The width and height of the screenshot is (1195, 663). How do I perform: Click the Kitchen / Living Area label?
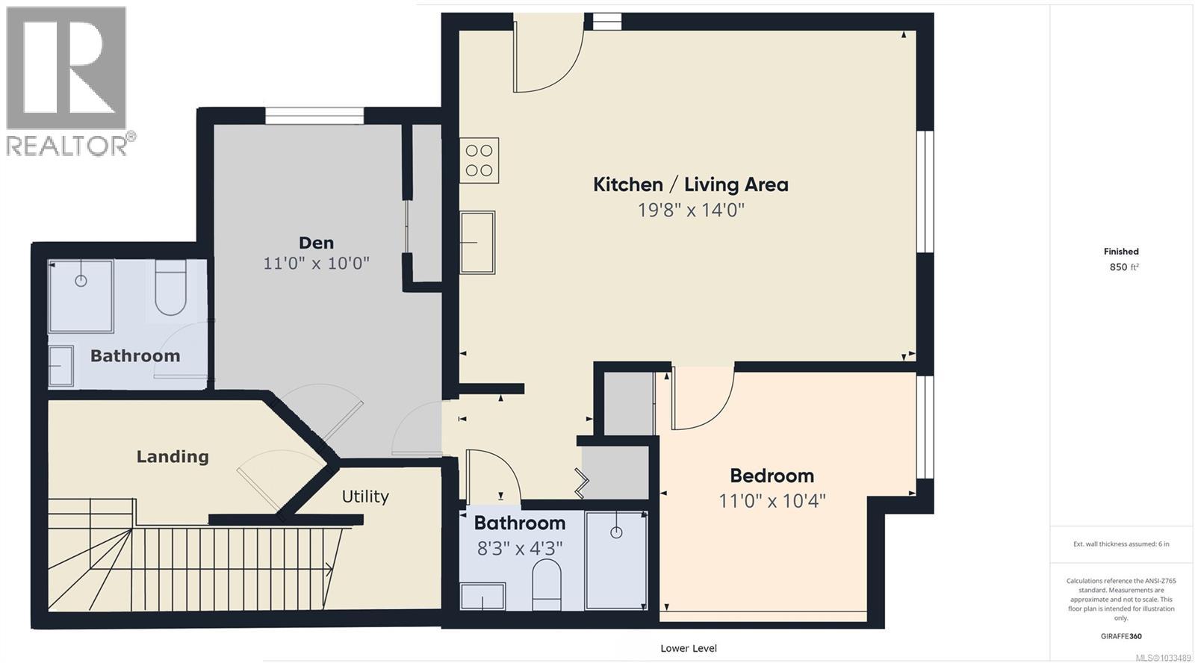[690, 184]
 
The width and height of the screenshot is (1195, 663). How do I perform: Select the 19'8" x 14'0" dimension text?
[690, 210]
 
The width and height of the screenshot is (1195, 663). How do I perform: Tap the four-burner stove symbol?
[479, 161]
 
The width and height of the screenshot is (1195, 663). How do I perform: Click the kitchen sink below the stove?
[477, 242]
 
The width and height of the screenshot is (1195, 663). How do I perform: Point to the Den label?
[316, 243]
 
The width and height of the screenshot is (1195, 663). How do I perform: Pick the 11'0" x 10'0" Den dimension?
[316, 264]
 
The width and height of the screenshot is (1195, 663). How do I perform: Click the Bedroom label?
[772, 476]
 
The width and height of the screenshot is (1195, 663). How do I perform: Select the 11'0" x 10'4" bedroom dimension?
[772, 500]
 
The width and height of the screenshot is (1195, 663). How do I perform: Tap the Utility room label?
[365, 497]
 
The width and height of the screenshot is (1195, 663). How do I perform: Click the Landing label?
[173, 456]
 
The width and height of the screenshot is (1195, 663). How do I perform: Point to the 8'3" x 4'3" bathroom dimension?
[519, 549]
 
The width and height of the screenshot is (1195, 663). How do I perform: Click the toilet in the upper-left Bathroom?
[170, 289]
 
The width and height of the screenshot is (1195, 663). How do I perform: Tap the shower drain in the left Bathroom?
[81, 281]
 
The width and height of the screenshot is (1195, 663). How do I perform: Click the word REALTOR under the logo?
[67, 145]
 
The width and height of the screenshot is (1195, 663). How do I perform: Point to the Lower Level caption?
[689, 648]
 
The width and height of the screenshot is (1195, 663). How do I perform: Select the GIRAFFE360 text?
[1120, 636]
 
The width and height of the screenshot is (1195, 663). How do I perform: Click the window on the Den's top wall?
[314, 116]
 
